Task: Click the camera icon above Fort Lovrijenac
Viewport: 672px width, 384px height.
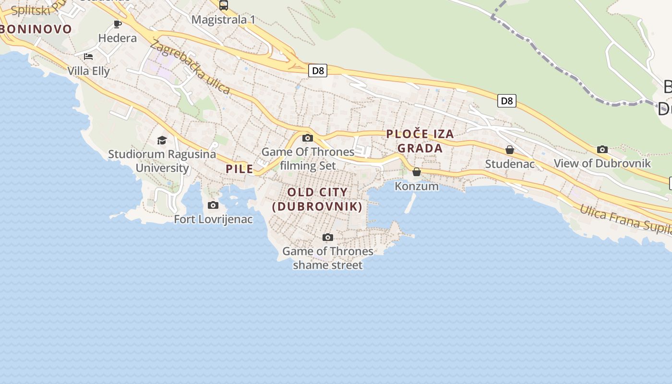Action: click(x=213, y=205)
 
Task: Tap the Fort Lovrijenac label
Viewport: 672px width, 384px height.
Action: click(x=213, y=219)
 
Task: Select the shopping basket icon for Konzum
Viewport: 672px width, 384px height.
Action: click(x=417, y=172)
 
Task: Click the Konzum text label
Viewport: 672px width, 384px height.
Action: click(x=417, y=186)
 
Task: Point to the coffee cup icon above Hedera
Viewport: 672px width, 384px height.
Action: click(x=118, y=24)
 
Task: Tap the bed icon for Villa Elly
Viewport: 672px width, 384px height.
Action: click(x=88, y=57)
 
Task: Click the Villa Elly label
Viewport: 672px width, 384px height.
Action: click(x=89, y=71)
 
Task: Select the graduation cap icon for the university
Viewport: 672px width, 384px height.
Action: click(x=162, y=140)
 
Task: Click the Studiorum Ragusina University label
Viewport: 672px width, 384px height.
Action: click(x=162, y=161)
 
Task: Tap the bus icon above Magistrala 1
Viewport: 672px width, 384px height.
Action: click(x=224, y=5)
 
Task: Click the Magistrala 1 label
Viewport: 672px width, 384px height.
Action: click(x=224, y=20)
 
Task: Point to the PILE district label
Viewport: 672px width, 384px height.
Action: click(x=240, y=169)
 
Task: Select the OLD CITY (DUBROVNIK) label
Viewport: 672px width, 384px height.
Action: click(x=317, y=199)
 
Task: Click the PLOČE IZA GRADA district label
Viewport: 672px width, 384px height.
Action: click(x=420, y=141)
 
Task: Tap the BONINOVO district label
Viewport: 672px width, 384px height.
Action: click(x=36, y=29)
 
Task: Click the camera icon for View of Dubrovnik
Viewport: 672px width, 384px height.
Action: click(x=602, y=150)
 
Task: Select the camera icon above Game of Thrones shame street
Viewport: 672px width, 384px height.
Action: click(x=328, y=237)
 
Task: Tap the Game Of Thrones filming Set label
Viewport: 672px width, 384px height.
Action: click(x=308, y=159)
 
